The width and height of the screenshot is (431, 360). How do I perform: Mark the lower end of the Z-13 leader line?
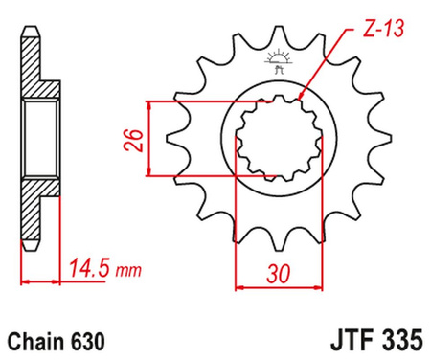click(300, 99)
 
